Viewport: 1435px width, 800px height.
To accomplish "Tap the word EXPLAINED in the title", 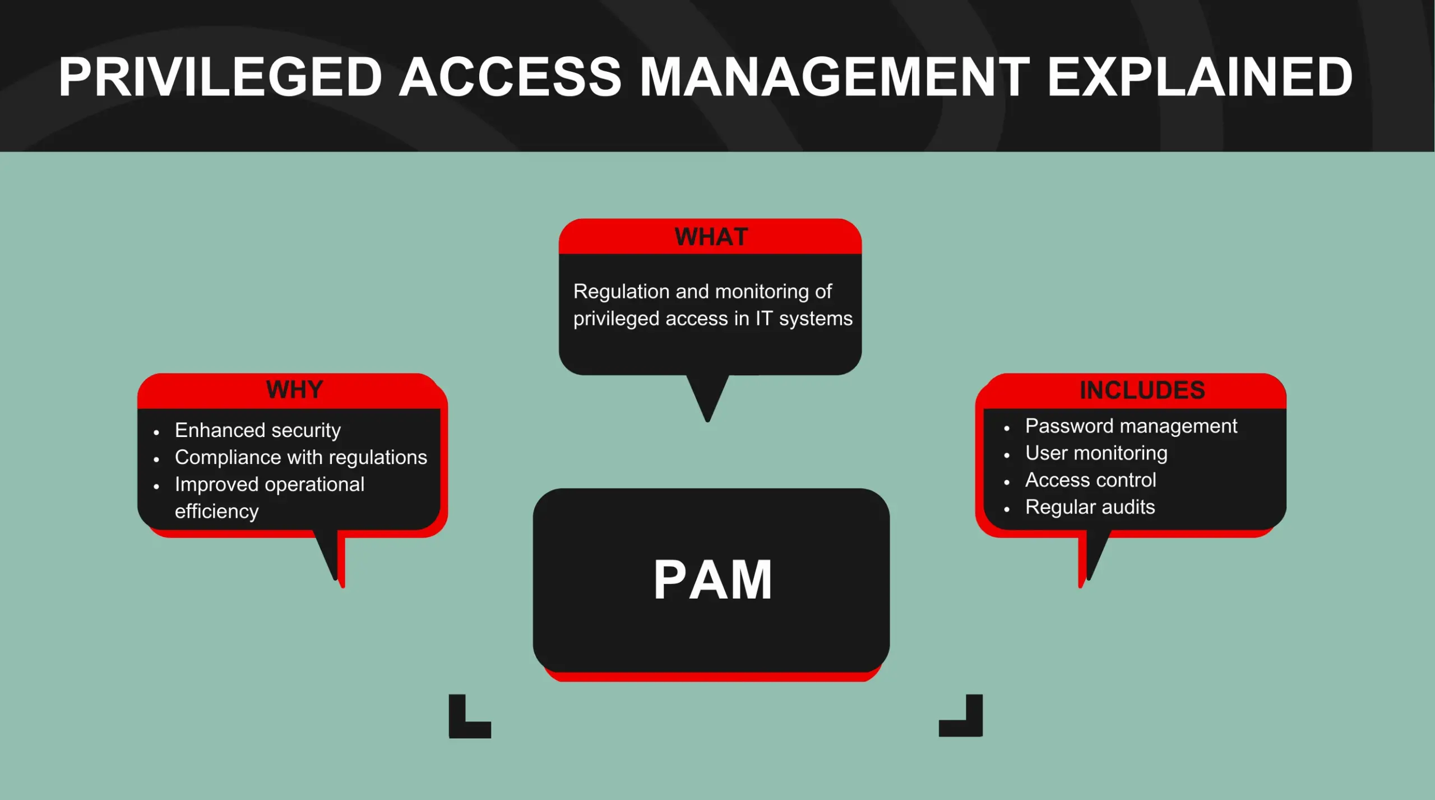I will point(1200,77).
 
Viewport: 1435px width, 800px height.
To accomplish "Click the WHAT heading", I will point(711,237).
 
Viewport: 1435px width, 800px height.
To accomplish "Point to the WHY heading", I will point(294,389).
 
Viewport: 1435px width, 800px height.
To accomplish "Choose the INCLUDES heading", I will point(1142,390).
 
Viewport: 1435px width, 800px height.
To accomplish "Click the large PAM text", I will point(712,580).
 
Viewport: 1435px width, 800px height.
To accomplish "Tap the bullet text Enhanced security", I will point(257,430).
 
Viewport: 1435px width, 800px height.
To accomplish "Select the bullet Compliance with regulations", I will point(300,457).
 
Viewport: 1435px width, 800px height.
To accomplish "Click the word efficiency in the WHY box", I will point(216,511).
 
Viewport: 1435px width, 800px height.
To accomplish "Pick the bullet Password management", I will point(1131,426).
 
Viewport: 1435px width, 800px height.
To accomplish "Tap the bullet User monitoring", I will point(1096,453).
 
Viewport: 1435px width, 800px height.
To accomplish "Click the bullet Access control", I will point(1090,480).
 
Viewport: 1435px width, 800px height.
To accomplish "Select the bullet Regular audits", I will point(1090,507).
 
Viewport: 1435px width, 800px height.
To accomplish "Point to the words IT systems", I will point(803,319).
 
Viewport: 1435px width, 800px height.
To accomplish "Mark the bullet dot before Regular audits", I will point(1007,509).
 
